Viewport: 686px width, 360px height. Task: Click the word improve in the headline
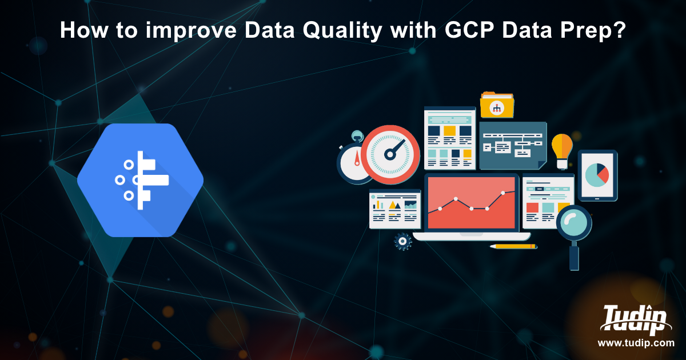(x=191, y=31)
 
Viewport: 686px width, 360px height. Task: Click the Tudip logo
(x=636, y=319)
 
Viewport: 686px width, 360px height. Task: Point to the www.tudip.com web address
(x=636, y=343)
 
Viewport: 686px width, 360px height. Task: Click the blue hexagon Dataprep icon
(x=140, y=180)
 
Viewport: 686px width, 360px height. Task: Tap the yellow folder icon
(x=497, y=105)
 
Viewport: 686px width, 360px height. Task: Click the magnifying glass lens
(x=574, y=222)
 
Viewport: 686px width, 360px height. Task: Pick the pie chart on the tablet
(x=597, y=175)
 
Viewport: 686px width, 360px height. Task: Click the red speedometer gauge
(x=390, y=155)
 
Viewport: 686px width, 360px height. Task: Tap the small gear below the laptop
(x=402, y=242)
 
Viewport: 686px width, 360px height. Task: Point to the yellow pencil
(x=513, y=246)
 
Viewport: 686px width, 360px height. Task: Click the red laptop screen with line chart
(x=471, y=203)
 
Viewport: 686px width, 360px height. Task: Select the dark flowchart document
(x=513, y=145)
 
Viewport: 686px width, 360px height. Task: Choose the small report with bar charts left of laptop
(x=395, y=209)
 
